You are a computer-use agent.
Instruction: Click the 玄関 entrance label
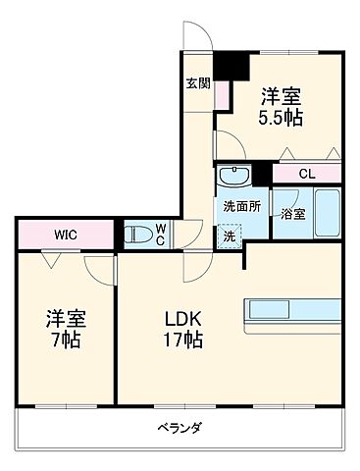click(x=197, y=83)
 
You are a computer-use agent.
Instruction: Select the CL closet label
click(x=307, y=174)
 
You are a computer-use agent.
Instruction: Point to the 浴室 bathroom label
click(x=291, y=213)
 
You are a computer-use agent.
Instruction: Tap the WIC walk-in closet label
click(x=66, y=235)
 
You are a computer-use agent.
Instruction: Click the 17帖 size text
click(x=181, y=341)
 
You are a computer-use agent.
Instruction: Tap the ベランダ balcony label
click(x=180, y=428)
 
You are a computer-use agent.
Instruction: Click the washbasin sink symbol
click(x=233, y=178)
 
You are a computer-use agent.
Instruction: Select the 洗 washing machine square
click(x=228, y=236)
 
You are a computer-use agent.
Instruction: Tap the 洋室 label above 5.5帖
click(x=281, y=96)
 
